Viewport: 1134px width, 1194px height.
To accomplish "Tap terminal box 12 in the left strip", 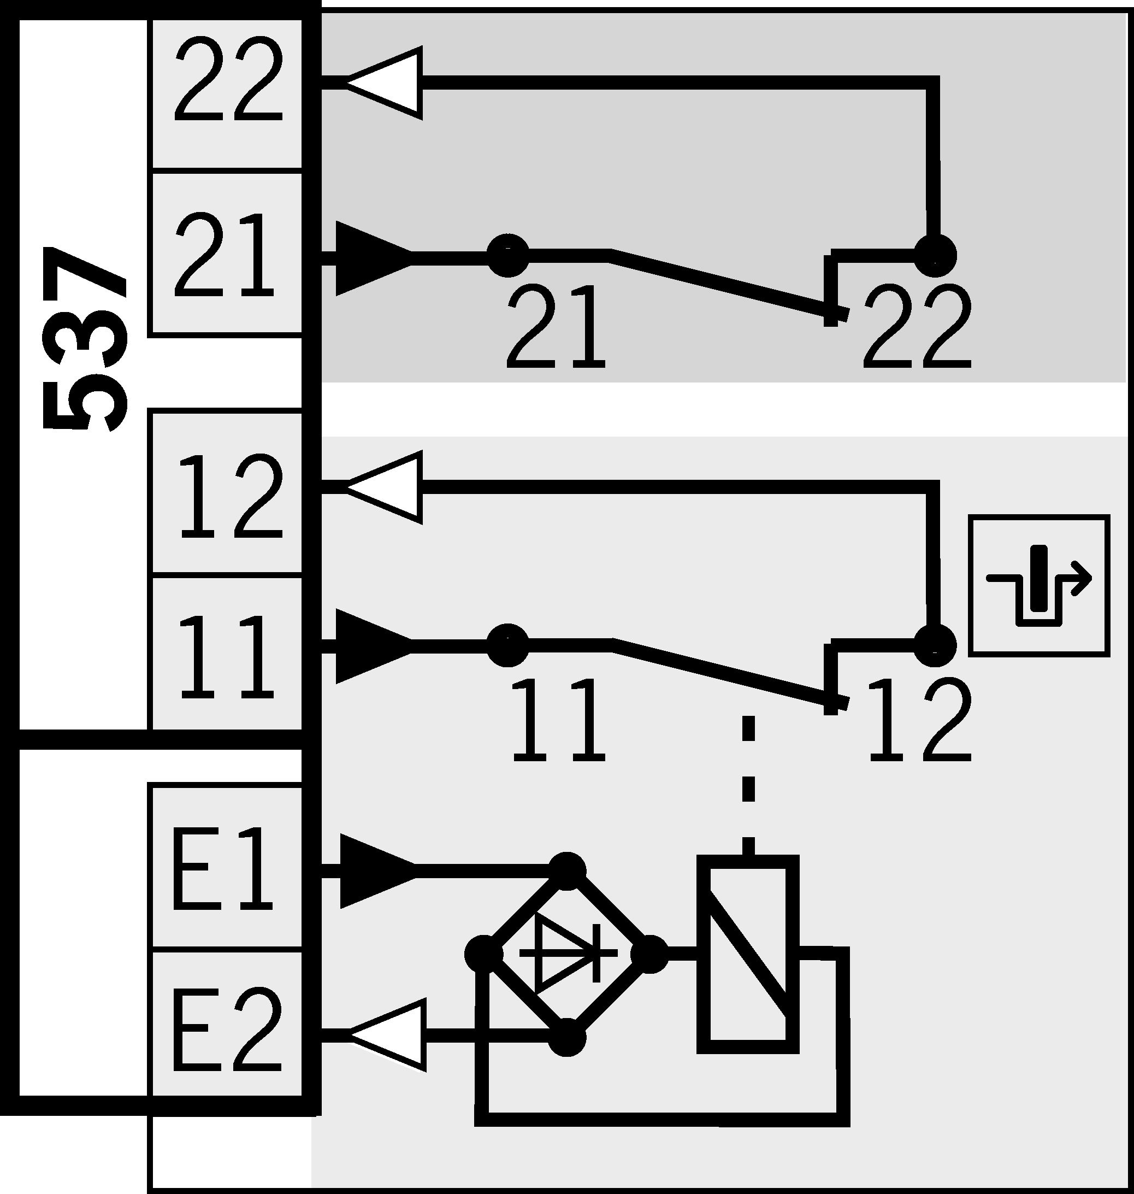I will [227, 493].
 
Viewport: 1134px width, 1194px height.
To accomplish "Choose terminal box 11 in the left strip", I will [227, 654].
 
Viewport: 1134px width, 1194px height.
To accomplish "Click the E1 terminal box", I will [227, 868].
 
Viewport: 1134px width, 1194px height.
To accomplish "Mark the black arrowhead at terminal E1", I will [375, 870].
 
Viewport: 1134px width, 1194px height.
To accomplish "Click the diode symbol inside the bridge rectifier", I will [565, 954].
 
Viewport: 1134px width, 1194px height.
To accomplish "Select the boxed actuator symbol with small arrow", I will [1038, 585].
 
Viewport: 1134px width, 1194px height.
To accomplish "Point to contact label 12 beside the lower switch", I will [919, 720].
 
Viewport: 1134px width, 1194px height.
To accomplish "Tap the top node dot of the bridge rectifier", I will [566, 870].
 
